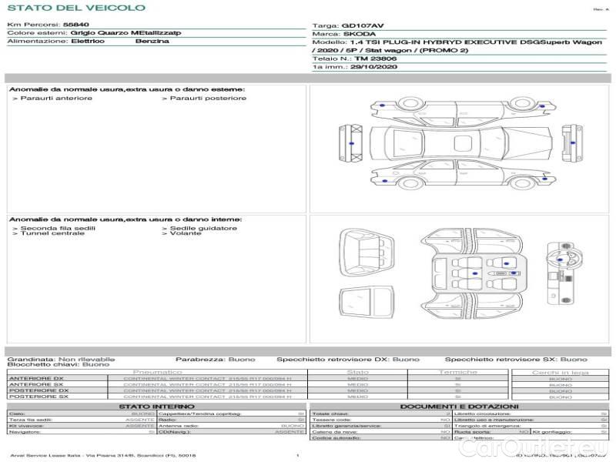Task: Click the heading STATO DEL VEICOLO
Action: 76,8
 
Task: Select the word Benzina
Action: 152,41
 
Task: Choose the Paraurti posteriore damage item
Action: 207,98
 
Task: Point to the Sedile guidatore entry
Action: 203,228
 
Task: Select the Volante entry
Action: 186,233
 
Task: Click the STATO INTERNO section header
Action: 157,406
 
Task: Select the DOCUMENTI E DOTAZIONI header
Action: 459,406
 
